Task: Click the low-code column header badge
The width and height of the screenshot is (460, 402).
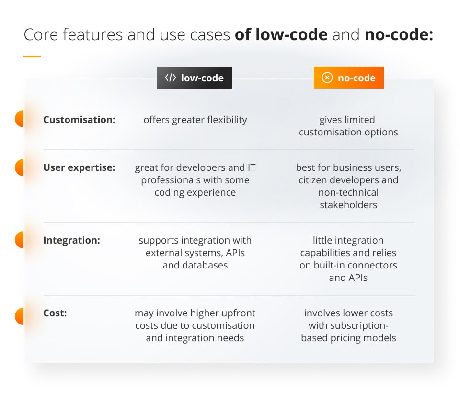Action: coord(195,78)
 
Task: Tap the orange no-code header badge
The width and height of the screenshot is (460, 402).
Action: coord(348,78)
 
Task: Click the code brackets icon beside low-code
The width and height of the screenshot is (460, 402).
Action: coord(171,78)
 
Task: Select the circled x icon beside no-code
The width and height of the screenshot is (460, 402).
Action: coord(327,78)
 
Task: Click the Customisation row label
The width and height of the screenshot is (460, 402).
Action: coord(79,120)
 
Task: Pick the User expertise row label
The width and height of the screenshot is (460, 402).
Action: coord(79,168)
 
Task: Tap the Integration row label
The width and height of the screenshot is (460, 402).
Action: coord(71,240)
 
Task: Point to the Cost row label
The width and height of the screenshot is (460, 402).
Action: coord(55,313)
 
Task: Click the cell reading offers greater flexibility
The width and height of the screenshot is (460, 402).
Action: coord(195,120)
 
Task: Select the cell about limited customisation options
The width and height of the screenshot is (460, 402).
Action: coord(348,126)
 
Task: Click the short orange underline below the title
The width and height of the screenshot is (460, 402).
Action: coord(32,56)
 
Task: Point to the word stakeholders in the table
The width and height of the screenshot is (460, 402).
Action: coord(348,205)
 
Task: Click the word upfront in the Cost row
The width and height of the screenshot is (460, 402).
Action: coord(236,313)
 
